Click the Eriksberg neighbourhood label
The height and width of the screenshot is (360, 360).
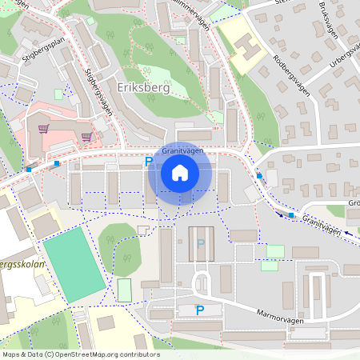coord(143,88)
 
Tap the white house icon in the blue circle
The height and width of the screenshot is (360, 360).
coord(180,173)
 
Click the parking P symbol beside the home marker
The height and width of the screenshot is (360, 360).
coord(148,162)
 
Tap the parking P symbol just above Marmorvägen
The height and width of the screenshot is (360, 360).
coord(200,310)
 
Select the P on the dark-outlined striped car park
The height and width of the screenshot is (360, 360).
coord(200,243)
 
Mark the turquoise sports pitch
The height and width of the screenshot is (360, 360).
coord(74,265)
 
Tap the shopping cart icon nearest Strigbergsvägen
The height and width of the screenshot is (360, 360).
coord(86,136)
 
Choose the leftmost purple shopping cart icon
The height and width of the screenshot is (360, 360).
coord(45,128)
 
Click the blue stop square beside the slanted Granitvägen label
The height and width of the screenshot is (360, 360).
coord(291,215)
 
